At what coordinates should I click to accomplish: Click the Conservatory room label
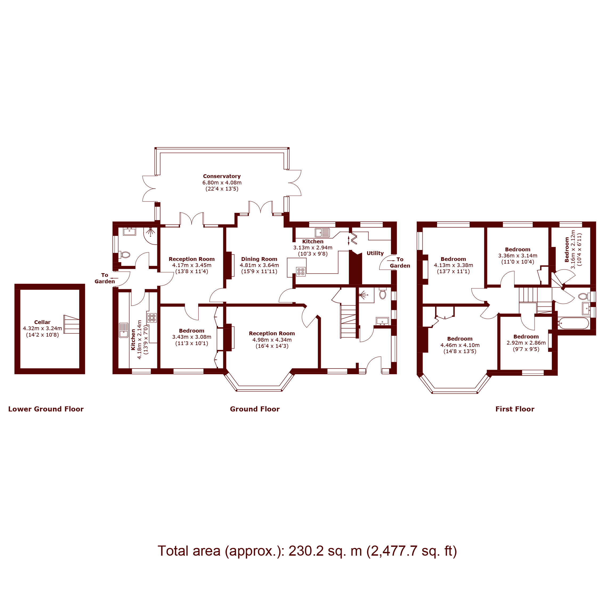click(221, 176)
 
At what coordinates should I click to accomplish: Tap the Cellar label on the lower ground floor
click(42, 322)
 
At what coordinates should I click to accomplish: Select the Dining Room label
click(259, 259)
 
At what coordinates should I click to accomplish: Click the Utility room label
click(375, 253)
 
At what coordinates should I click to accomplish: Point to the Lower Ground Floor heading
click(46, 409)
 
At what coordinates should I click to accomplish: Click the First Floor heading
click(515, 409)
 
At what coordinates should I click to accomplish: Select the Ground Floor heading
click(255, 409)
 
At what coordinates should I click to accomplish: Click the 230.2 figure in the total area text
click(306, 551)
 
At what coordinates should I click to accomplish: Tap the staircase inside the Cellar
click(71, 324)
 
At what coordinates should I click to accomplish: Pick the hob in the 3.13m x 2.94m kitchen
click(301, 271)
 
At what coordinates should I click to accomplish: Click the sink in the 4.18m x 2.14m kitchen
click(124, 330)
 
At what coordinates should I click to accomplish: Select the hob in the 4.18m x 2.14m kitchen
click(152, 317)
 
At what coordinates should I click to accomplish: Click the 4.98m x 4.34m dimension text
click(272, 340)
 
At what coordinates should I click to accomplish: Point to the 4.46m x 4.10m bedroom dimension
click(460, 345)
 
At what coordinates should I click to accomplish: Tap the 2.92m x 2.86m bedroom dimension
click(526, 343)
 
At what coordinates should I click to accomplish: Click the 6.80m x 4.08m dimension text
click(222, 183)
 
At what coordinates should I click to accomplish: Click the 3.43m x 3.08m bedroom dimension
click(192, 337)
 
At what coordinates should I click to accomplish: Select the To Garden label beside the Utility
click(399, 262)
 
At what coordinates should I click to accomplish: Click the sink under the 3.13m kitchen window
click(322, 233)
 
